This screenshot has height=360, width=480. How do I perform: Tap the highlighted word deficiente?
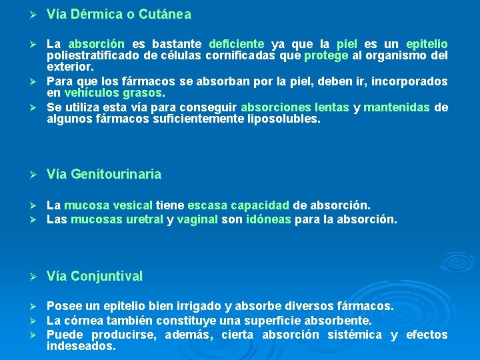coord(237,43)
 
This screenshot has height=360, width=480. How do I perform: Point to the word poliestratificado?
coord(91,55)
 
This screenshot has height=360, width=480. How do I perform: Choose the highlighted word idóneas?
coord(269,219)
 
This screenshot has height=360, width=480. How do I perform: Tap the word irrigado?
coord(199,306)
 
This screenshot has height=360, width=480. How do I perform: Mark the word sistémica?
coord(355,335)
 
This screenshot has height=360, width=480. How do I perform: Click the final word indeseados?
coord(81,347)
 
